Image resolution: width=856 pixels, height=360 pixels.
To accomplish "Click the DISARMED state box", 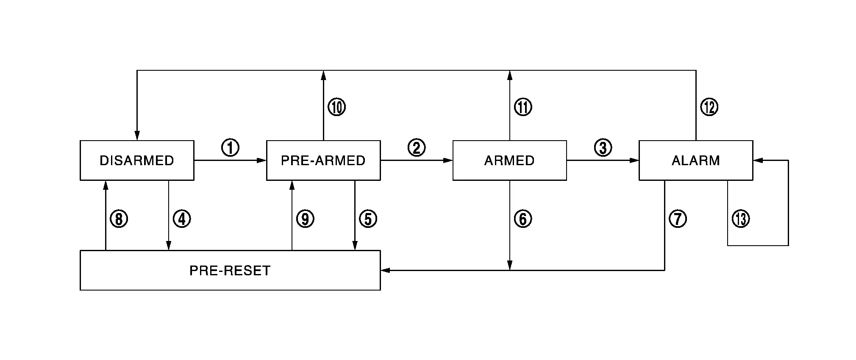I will click(137, 161).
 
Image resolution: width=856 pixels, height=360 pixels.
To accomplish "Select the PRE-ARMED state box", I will click(323, 161).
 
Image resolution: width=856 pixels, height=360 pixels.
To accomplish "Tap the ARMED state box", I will click(509, 161).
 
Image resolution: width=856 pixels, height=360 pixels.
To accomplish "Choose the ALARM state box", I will click(695, 161).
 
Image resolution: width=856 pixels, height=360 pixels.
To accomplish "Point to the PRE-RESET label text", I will click(230, 271).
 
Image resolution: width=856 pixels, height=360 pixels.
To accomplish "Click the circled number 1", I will click(230, 148).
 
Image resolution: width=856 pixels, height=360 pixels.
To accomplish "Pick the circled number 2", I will click(417, 148).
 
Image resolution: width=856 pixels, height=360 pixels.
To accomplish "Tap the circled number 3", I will click(603, 148).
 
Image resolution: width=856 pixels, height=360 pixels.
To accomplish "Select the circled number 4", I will click(182, 219).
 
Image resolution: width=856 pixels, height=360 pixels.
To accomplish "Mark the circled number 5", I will click(368, 219).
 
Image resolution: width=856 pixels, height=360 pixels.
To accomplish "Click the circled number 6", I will click(522, 219).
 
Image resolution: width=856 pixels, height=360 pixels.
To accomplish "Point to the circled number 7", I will click(678, 219).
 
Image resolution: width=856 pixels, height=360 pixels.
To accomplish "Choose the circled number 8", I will click(119, 219).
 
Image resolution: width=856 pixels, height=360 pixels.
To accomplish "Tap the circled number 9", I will click(305, 219).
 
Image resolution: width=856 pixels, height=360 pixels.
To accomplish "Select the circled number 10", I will click(337, 107).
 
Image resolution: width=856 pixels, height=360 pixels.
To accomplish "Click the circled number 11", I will click(523, 107).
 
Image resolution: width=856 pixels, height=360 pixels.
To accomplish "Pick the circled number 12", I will click(709, 107).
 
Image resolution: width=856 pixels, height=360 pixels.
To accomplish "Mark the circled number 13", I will click(741, 219).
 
